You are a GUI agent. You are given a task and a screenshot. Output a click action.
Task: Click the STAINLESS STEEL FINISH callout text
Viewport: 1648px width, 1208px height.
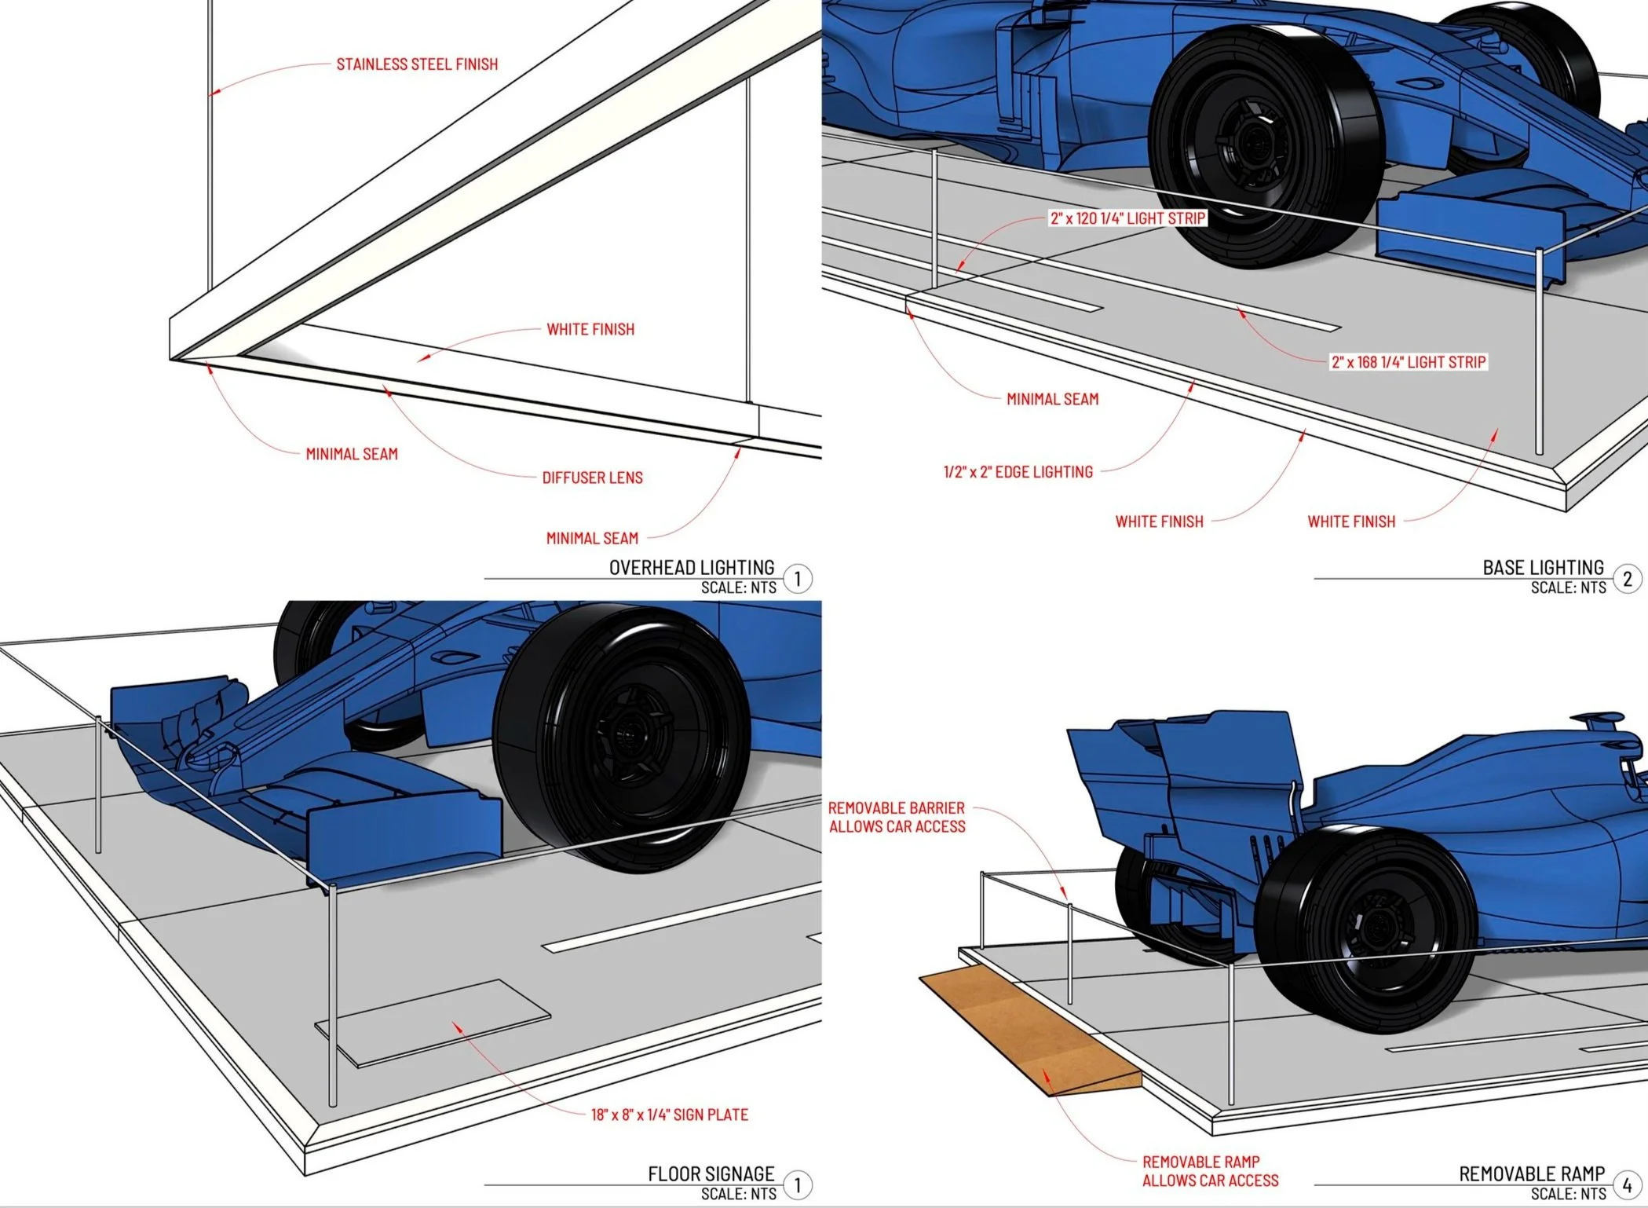(x=417, y=64)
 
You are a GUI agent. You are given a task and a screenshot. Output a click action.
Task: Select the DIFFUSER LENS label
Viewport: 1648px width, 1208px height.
(x=592, y=478)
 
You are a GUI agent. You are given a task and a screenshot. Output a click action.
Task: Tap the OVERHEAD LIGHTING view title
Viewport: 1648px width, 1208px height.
(x=692, y=567)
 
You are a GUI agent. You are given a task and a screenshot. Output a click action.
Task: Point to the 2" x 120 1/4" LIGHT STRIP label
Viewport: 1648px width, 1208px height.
(x=1127, y=218)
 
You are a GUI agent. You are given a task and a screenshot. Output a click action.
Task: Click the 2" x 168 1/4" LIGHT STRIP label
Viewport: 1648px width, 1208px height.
(x=1409, y=362)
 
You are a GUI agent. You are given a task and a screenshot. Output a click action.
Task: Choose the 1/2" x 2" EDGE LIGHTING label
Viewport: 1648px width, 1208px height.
(x=1018, y=472)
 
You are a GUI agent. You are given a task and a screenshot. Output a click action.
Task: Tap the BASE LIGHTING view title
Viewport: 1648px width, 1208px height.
(x=1543, y=567)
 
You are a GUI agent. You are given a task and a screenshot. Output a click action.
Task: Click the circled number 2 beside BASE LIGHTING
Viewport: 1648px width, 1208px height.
(x=1627, y=580)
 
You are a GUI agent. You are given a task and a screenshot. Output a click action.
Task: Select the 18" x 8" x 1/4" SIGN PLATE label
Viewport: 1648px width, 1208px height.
(x=670, y=1115)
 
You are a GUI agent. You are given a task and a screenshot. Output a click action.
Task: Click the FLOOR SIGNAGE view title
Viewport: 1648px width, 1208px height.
(x=711, y=1173)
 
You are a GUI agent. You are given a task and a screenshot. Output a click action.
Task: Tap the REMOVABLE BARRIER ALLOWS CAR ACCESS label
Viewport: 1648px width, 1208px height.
(x=897, y=817)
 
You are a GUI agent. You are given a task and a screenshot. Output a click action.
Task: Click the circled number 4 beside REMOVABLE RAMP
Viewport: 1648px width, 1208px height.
(x=1627, y=1185)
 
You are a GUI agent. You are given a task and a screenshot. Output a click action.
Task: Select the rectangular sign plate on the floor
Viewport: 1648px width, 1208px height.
(x=433, y=1023)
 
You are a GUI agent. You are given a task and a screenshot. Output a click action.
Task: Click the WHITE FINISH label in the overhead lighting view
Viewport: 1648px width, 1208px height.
(x=590, y=330)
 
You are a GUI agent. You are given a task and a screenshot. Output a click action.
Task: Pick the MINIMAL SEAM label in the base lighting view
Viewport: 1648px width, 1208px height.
(x=1052, y=400)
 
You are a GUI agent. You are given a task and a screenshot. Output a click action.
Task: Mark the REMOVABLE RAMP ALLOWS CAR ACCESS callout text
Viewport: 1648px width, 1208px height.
(x=1210, y=1171)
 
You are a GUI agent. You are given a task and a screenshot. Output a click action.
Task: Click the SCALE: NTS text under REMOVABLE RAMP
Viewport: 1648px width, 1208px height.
(x=1568, y=1194)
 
